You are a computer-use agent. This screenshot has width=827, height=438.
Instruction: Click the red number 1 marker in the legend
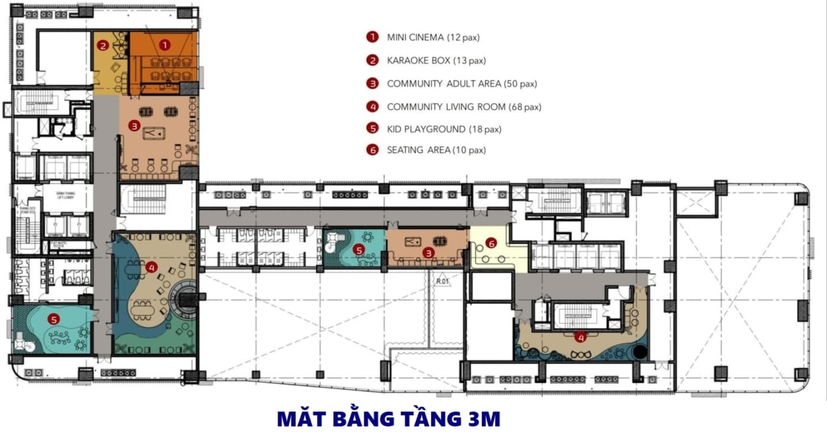coord(372,37)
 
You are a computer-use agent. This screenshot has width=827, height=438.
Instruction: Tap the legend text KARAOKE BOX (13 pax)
coord(436,60)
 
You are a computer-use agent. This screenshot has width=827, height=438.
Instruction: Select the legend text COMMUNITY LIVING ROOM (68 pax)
coord(464,107)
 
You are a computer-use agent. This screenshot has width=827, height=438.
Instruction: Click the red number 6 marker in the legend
coord(372,150)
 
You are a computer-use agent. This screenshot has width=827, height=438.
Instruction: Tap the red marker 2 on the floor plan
coord(103,45)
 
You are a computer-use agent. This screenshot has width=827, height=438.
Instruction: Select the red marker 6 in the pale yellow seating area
coord(490,243)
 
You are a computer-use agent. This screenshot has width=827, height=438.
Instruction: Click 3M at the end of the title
coord(483,419)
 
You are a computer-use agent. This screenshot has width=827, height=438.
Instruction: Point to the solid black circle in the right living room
coord(639,352)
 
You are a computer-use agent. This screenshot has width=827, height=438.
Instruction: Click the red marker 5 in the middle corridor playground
coord(357,250)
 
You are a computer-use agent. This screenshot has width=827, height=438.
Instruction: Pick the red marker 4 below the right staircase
coord(581,338)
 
